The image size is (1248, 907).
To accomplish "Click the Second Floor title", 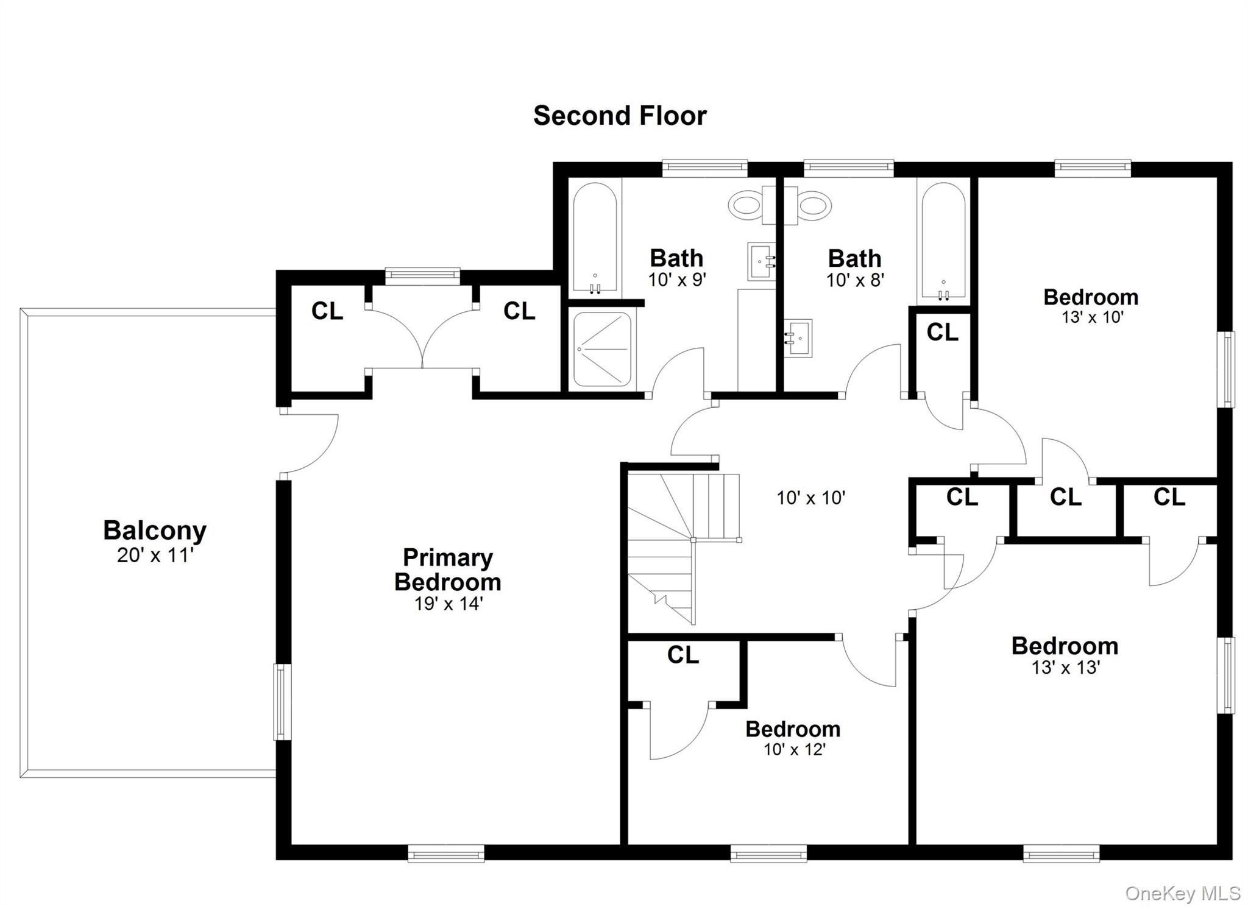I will (620, 116).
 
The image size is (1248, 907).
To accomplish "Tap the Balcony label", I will (155, 530).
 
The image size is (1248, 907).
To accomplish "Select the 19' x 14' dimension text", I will (448, 604).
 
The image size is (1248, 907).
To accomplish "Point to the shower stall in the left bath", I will (602, 349).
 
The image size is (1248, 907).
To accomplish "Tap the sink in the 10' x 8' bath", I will (798, 338).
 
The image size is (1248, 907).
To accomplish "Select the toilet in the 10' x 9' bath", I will (745, 205).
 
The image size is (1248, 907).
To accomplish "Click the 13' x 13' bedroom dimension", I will (1065, 668).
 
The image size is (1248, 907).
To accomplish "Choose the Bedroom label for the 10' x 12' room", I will (793, 729).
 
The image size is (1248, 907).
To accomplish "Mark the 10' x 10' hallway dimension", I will (810, 498).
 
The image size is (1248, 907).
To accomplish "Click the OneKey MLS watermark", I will (1182, 894).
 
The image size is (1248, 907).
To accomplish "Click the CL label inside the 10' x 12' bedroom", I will (682, 655).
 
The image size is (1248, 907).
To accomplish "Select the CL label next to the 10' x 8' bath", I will (942, 333).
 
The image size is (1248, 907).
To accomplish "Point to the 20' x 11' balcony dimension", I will (155, 556).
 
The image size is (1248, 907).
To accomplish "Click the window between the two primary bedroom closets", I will (422, 277).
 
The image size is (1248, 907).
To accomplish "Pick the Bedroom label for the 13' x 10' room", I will (1091, 297).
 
